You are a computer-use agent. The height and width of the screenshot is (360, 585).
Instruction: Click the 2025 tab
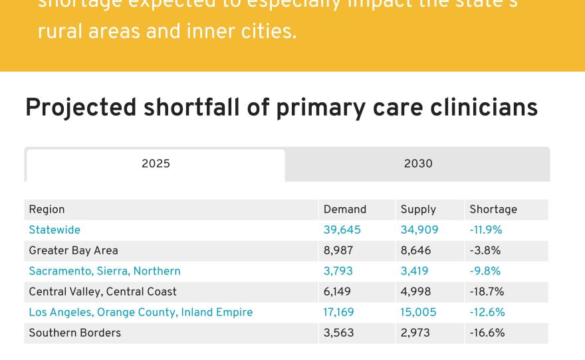tap(156, 164)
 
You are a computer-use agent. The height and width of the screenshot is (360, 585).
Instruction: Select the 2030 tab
tap(417, 164)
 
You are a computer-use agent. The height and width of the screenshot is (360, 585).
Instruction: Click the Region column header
tap(47, 209)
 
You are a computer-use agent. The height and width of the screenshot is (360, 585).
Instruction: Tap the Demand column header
tap(344, 209)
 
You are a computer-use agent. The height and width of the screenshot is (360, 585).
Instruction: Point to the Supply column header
tap(417, 209)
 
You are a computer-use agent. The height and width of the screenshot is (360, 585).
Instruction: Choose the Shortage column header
tap(493, 209)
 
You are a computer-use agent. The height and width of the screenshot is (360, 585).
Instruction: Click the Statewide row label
tap(55, 230)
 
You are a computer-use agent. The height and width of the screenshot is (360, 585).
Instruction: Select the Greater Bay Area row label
tap(73, 250)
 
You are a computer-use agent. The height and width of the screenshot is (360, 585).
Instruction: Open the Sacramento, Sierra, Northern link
tap(104, 271)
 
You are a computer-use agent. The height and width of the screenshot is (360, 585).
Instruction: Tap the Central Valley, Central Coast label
tap(102, 292)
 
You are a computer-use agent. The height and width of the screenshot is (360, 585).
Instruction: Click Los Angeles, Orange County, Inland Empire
tap(140, 312)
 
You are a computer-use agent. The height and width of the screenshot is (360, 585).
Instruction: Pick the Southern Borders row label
tap(74, 333)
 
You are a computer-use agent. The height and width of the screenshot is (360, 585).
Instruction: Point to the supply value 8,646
tap(415, 250)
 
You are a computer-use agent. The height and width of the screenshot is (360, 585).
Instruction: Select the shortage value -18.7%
tap(487, 292)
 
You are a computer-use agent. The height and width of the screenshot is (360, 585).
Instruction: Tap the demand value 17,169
tap(338, 312)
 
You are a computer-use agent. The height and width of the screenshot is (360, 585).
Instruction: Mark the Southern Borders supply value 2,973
tap(415, 333)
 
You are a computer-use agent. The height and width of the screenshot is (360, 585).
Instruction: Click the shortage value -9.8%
tap(485, 271)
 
